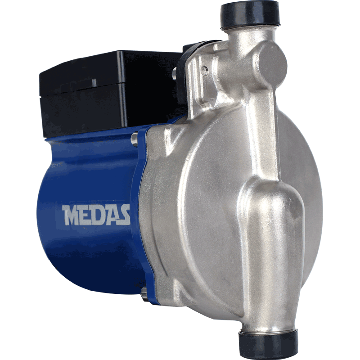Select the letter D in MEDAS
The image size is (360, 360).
98,215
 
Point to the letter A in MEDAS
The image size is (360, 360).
112,215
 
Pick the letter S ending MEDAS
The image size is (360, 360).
125,215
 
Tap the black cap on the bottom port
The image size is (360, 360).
268,344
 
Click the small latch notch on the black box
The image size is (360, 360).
94,83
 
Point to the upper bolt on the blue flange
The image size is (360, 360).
134,139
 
